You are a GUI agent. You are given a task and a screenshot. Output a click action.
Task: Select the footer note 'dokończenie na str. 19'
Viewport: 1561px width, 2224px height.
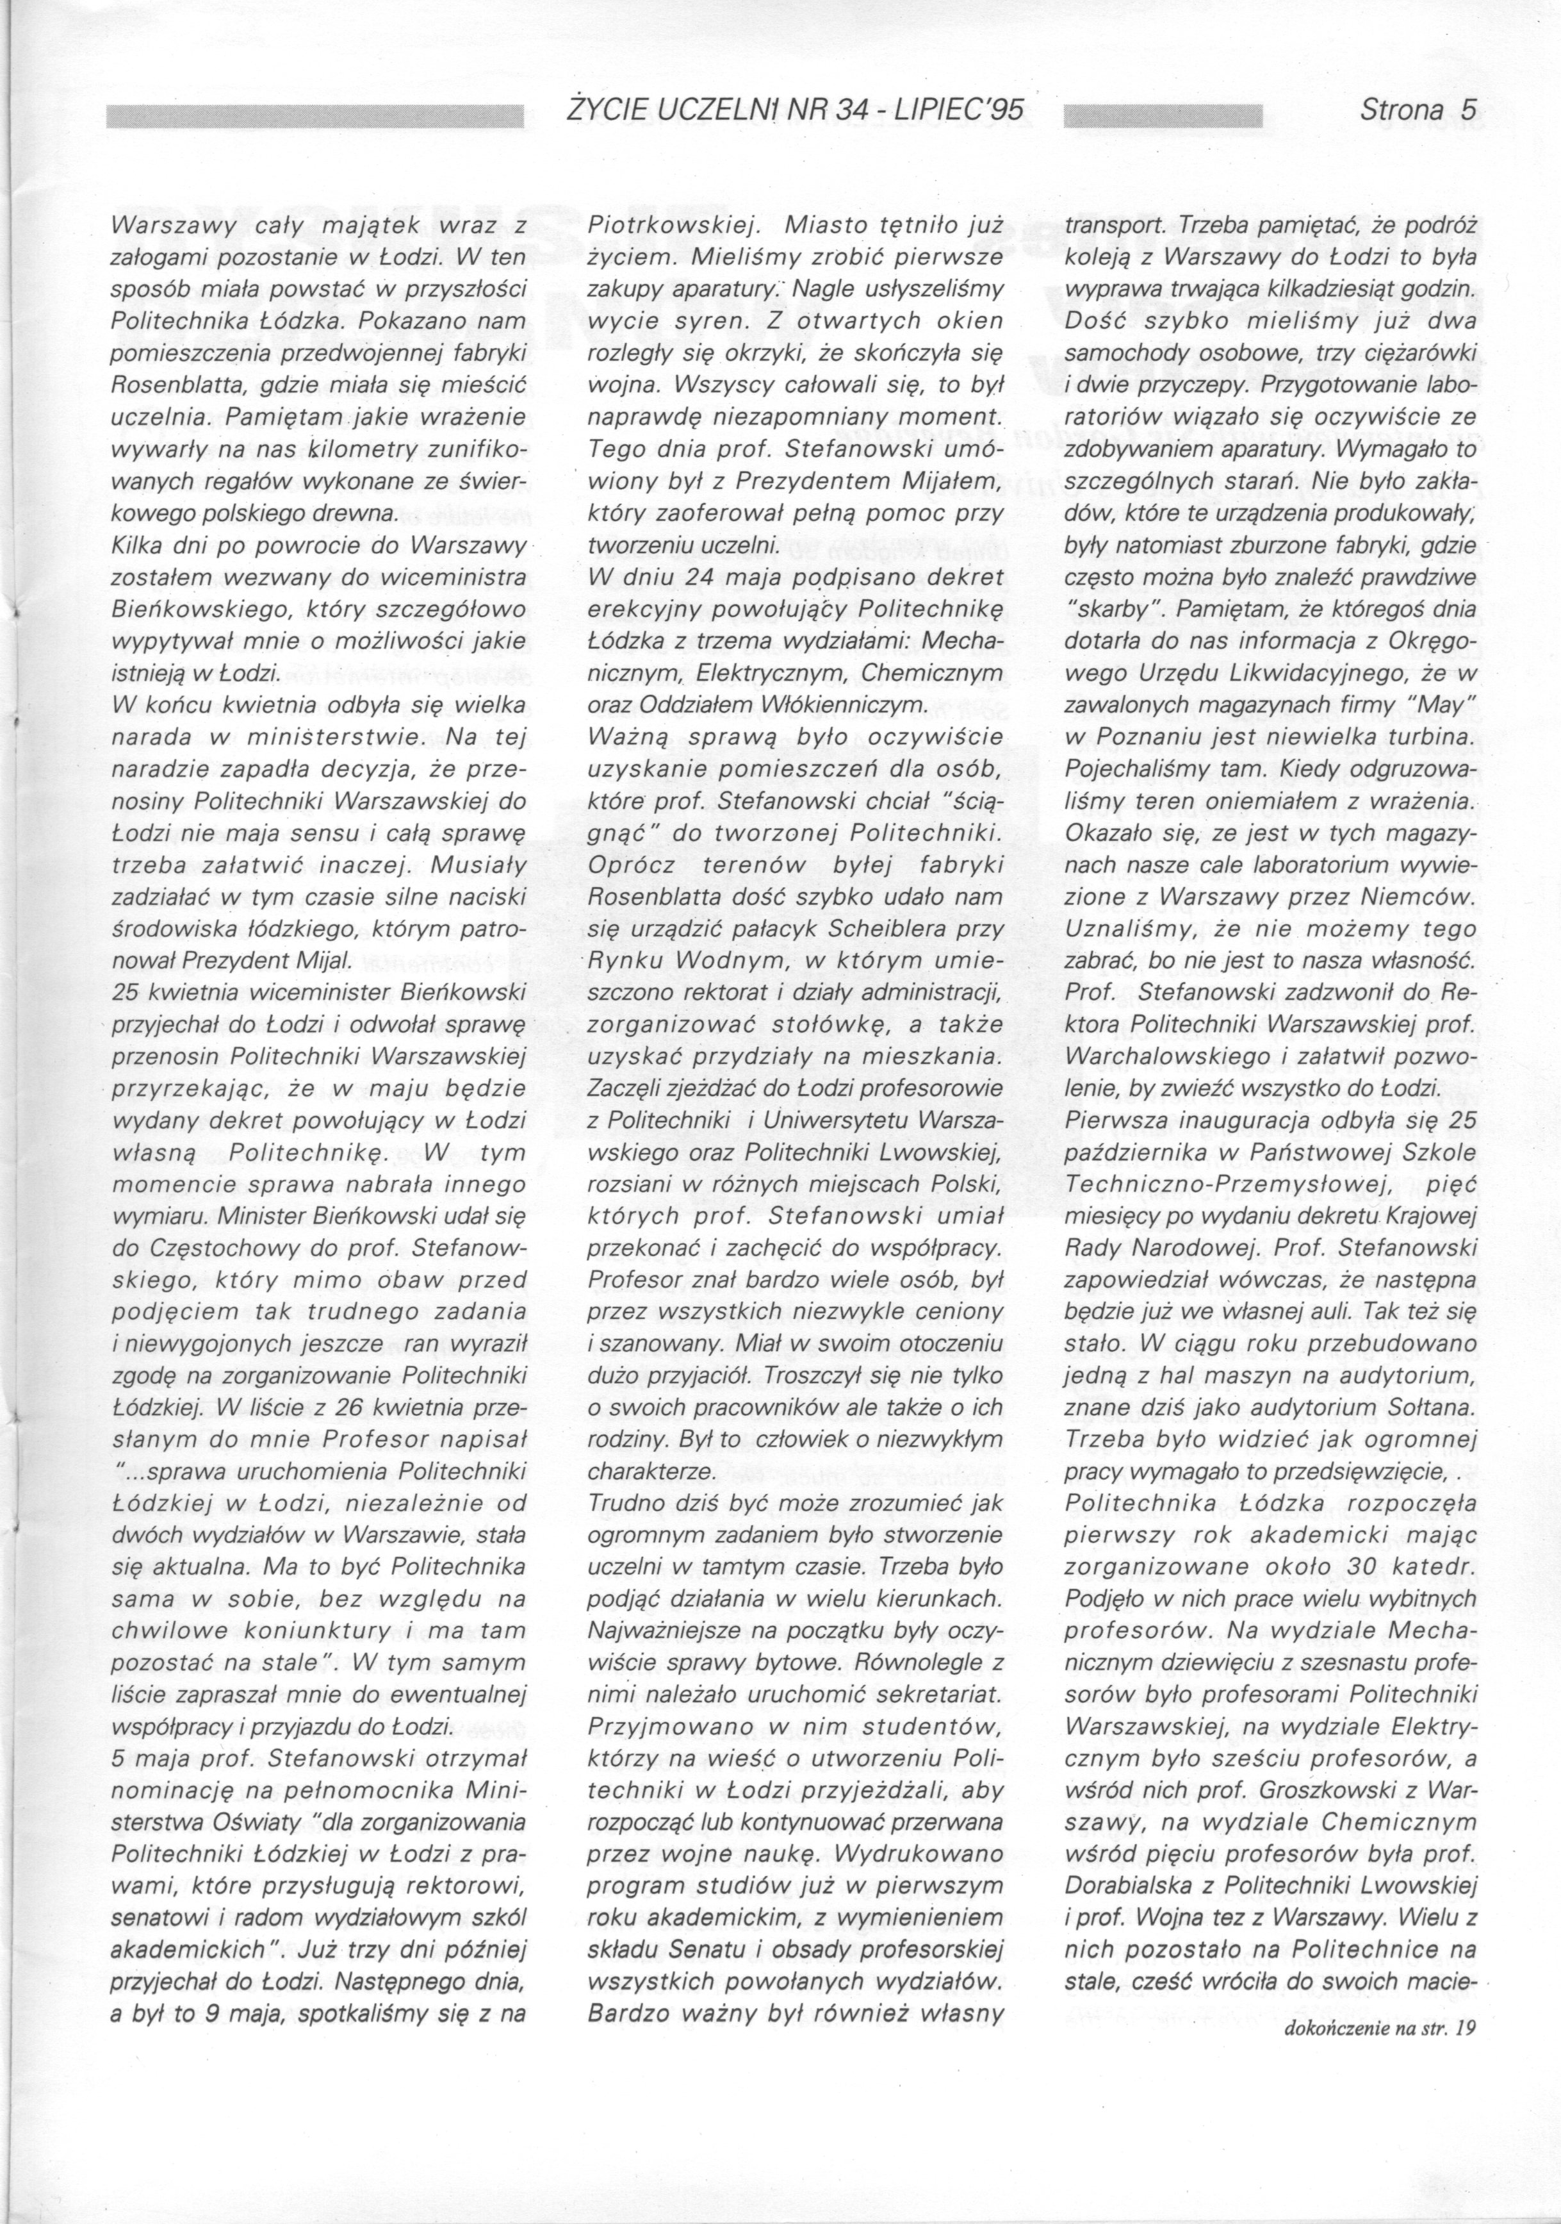[x=1377, y=2131]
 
